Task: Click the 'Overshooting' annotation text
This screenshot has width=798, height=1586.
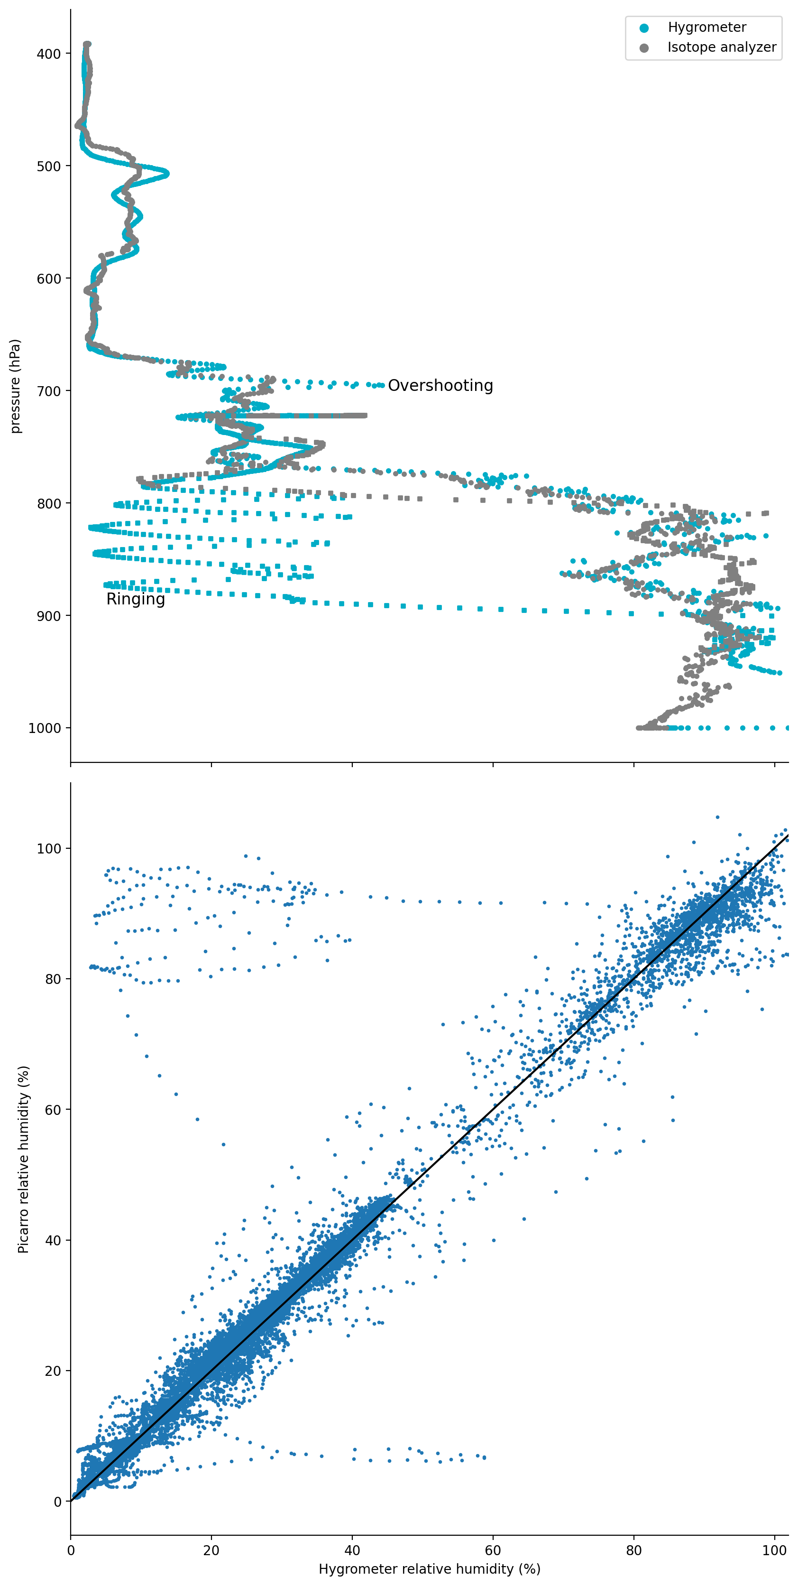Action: coord(440,385)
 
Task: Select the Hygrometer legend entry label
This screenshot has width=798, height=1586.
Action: coord(706,27)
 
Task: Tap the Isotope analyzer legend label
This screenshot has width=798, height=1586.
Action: coord(721,47)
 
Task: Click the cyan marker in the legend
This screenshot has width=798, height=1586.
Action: coord(643,28)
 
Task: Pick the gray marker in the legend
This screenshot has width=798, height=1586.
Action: coord(643,48)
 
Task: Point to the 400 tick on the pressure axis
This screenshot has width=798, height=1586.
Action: coord(49,54)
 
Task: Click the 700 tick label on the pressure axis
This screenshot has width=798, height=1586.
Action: coord(49,391)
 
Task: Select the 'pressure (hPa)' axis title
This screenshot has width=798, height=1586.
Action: coord(15,386)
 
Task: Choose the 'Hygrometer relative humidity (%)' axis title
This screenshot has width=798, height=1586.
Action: coord(430,1569)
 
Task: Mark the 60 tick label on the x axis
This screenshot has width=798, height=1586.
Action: coord(493,1550)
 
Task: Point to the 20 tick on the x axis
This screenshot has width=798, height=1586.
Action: coord(211,1550)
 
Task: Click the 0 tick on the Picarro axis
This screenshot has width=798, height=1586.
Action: coord(57,1502)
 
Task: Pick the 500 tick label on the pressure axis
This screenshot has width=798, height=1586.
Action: coord(49,166)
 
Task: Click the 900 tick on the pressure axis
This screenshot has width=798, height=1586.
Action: coord(49,616)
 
